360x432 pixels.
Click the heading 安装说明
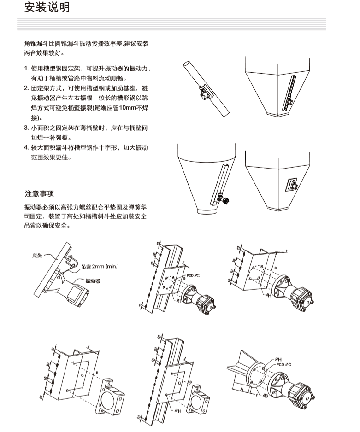[x=47, y=8]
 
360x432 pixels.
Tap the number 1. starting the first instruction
[x=27, y=69]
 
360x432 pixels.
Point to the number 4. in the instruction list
[x=27, y=147]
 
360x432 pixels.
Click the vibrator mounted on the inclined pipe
[x=203, y=94]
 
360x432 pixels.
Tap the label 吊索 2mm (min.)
[x=100, y=266]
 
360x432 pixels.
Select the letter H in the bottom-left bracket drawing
[x=72, y=363]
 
